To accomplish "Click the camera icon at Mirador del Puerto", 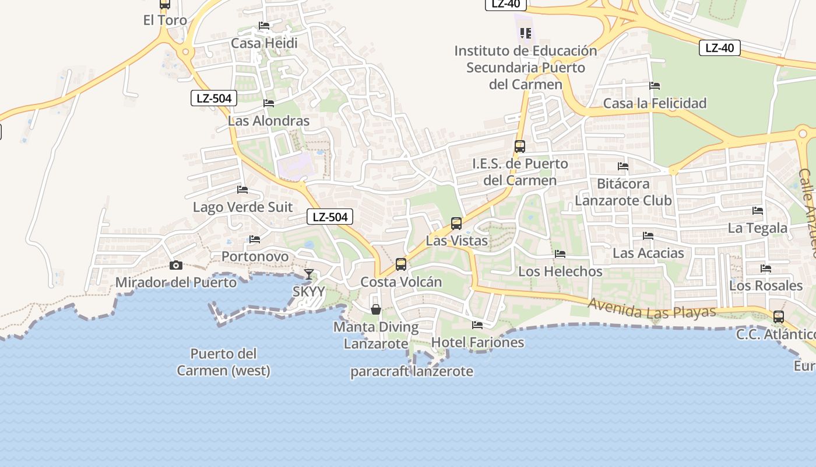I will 175,266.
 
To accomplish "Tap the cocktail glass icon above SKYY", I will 309,274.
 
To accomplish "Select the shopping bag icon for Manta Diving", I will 376,309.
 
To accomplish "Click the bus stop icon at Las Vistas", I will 456,223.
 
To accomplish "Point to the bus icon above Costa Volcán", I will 401,264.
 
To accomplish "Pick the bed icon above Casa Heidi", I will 264,26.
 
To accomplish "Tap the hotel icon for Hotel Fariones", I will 477,325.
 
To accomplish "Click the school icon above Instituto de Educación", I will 526,33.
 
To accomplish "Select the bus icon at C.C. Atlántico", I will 779,317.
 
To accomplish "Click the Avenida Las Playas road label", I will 652,308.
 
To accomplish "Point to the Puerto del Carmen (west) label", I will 224,362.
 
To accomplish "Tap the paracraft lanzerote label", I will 411,371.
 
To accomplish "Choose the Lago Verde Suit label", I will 242,207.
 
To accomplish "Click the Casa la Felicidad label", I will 655,103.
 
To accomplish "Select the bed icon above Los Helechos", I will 560,254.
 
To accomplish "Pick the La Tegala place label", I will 757,228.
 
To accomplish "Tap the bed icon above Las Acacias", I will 648,236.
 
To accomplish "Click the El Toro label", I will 165,20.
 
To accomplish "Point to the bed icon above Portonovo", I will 255,239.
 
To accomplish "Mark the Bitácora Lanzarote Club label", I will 623,192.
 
